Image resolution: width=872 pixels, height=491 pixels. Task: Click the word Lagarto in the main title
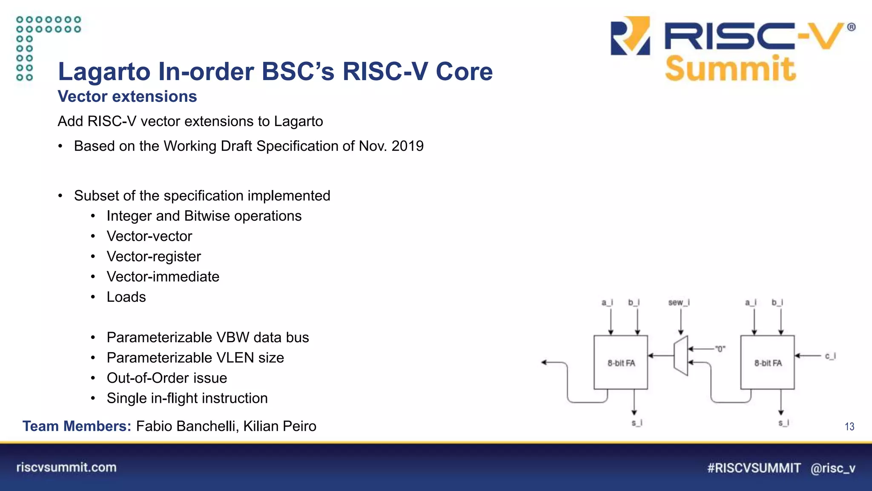(104, 72)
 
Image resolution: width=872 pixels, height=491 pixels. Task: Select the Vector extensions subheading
(127, 97)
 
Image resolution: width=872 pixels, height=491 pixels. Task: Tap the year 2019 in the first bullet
(407, 146)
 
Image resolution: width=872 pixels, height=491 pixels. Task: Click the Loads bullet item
(126, 297)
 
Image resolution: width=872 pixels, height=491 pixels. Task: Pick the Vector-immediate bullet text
(163, 277)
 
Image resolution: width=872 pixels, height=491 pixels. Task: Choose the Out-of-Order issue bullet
(166, 378)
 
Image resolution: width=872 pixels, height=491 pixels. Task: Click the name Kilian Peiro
(280, 426)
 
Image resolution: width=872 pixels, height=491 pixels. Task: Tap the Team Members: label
(77, 426)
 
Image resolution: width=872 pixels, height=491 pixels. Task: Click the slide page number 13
(849, 427)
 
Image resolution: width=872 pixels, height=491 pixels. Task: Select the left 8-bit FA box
(621, 362)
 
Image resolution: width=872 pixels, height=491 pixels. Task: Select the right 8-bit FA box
(768, 362)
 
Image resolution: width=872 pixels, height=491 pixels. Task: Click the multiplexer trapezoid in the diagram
(681, 356)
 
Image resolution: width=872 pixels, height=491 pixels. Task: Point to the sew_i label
(679, 303)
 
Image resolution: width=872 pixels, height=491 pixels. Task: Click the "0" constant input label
(720, 349)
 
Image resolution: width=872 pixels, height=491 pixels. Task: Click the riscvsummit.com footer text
(66, 468)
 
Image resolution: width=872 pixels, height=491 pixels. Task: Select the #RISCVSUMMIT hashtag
(754, 468)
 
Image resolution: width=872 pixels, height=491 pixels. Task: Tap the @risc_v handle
(833, 468)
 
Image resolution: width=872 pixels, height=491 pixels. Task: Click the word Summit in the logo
(730, 69)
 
